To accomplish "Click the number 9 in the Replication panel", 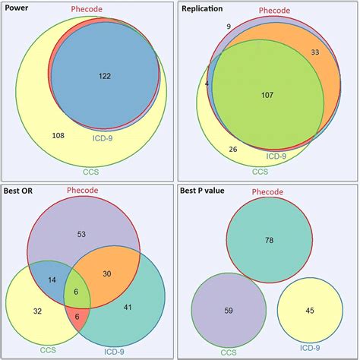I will coord(228,27).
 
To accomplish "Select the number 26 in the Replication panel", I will coord(232,149).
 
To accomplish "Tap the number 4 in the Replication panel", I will coord(207,84).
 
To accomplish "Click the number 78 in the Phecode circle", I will coord(269,240).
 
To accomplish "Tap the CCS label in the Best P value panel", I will coord(227,352).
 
